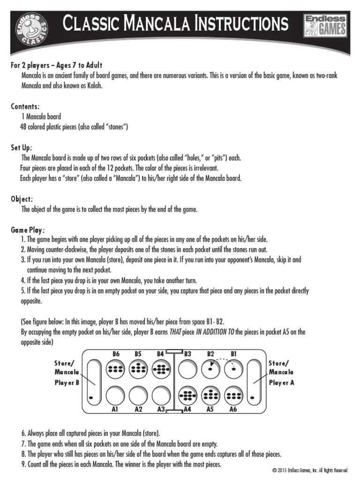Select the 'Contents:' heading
click(x=25, y=107)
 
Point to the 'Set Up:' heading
click(x=22, y=148)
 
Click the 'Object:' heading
click(x=22, y=199)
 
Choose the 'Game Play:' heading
click(x=28, y=230)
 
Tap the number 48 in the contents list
click(x=24, y=127)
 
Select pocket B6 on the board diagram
click(x=116, y=369)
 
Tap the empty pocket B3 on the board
click(x=187, y=369)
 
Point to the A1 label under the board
click(x=114, y=409)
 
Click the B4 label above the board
click(x=160, y=354)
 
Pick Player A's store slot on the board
click(x=254, y=380)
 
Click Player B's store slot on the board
click(x=93, y=380)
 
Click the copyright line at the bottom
click(x=310, y=470)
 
